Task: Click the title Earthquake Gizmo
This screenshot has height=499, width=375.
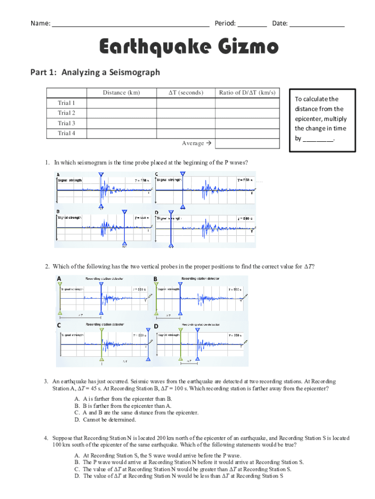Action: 189,48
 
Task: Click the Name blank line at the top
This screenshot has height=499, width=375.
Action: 131,24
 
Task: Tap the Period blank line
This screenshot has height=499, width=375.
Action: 252,24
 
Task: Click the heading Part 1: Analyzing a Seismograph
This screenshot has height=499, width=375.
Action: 95,73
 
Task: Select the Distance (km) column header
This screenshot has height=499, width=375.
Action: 121,93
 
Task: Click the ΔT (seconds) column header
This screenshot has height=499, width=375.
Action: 186,93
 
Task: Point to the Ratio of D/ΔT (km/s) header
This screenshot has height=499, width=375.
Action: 247,93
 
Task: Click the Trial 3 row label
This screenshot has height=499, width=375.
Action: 67,123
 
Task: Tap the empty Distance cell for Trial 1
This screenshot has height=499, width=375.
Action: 121,103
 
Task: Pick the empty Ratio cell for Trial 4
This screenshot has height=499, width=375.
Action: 247,133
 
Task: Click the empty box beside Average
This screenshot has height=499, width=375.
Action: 247,143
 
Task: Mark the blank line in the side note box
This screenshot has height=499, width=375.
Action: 318,139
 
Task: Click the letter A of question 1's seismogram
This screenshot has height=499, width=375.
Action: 58,174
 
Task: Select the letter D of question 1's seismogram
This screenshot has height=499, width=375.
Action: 156,212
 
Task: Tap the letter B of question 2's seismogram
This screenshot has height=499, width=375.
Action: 155,279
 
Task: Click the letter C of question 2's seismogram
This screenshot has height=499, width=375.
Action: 59,326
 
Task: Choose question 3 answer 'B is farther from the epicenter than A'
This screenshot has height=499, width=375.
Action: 127,405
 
